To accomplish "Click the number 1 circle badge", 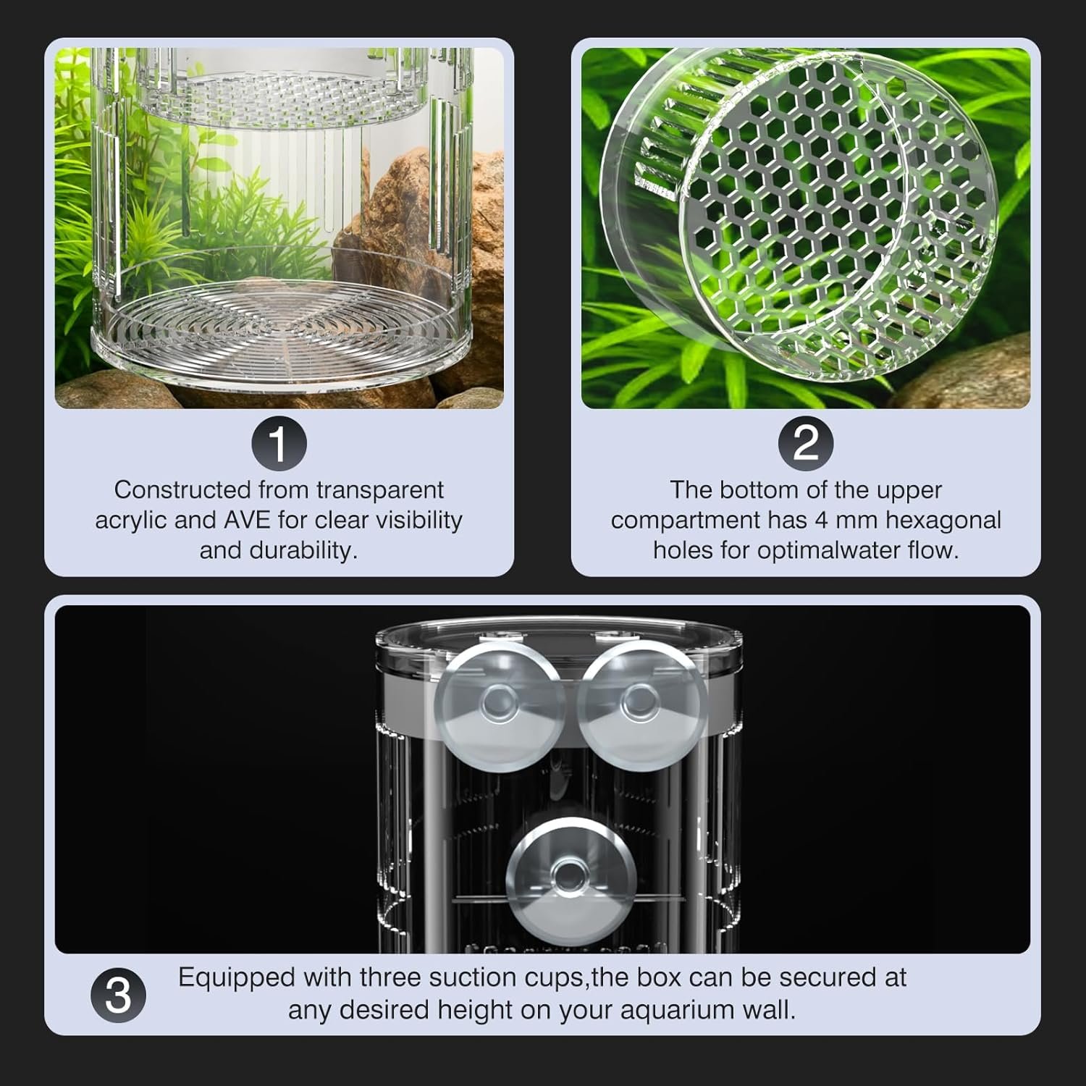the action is point(279,443).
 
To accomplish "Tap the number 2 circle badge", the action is point(806,443).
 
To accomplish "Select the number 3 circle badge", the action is point(119,995).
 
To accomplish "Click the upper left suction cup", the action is point(500,701).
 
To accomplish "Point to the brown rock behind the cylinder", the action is point(420,224).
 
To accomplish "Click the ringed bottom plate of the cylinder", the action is point(281,329).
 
